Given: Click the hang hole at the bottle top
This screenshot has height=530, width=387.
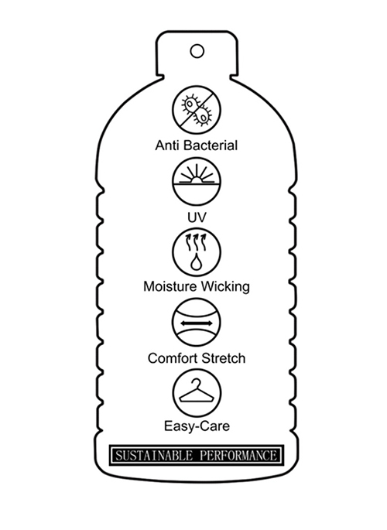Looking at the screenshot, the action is pyautogui.click(x=197, y=51).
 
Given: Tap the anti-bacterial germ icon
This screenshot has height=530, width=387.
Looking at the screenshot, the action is pyautogui.click(x=197, y=110).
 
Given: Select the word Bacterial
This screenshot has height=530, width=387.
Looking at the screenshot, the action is pyautogui.click(x=211, y=145).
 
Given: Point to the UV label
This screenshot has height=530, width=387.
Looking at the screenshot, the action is pyautogui.click(x=197, y=217).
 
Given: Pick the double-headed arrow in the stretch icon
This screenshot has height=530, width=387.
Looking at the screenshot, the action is pyautogui.click(x=197, y=323).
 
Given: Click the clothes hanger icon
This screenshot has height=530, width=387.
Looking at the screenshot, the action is pyautogui.click(x=197, y=393).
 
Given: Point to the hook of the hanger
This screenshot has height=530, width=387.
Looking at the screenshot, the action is pyautogui.click(x=196, y=383).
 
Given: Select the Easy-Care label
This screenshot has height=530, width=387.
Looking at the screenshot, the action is pyautogui.click(x=197, y=426).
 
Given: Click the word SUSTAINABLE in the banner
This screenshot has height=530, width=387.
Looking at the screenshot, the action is pyautogui.click(x=154, y=455).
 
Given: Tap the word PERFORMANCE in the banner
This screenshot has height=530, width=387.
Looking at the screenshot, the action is pyautogui.click(x=238, y=455).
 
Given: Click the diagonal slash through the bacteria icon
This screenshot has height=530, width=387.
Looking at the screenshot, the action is pyautogui.click(x=197, y=110).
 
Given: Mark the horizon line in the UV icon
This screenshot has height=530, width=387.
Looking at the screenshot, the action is pyautogui.click(x=197, y=185).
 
